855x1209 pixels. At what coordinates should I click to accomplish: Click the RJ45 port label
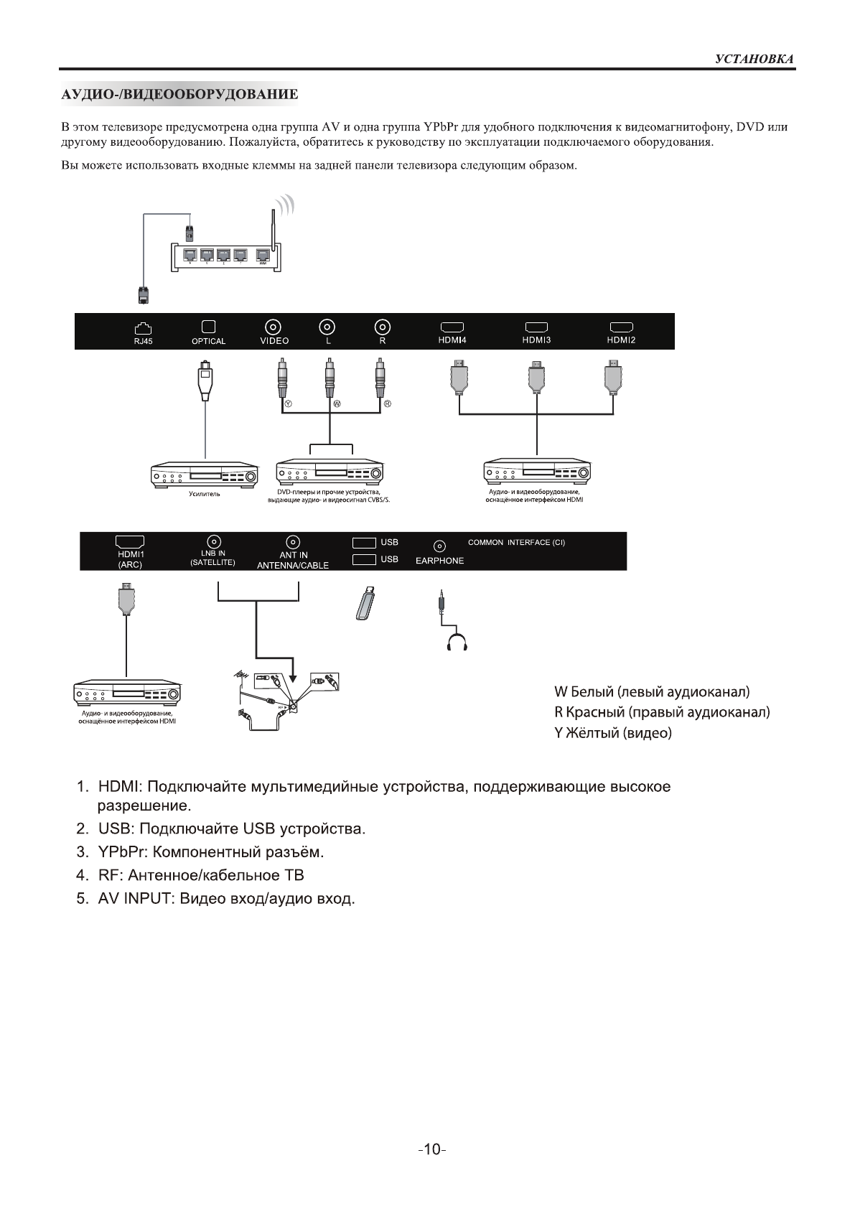(x=144, y=342)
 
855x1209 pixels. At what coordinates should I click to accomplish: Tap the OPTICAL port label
(x=208, y=342)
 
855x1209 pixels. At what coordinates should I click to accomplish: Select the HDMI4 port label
(x=452, y=340)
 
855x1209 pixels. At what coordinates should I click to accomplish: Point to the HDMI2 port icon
(x=621, y=327)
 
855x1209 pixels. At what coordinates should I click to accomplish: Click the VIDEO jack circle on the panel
(x=274, y=327)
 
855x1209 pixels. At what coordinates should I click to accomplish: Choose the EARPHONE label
(x=439, y=561)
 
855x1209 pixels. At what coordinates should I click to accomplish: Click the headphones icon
(x=457, y=641)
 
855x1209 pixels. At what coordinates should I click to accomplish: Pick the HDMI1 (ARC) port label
(x=131, y=559)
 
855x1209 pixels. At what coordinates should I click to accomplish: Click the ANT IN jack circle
(x=293, y=542)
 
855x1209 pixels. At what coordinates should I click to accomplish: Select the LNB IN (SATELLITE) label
(x=212, y=558)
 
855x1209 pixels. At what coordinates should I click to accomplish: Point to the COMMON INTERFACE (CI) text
(x=516, y=543)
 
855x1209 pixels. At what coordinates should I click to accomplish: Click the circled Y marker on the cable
(x=288, y=404)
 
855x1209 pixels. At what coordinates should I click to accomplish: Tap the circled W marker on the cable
(x=337, y=404)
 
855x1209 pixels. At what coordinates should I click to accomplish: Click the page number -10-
(x=431, y=1149)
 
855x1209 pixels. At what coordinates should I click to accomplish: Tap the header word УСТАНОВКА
(x=754, y=59)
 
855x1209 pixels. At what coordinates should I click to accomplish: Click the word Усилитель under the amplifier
(x=205, y=494)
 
